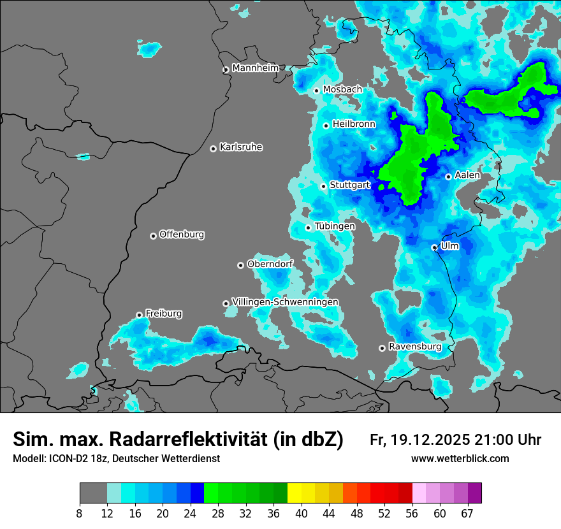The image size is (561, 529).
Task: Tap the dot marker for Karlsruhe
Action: [214, 149]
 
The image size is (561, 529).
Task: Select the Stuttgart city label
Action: [350, 185]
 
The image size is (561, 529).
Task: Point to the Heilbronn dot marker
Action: [326, 126]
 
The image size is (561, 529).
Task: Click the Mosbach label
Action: [342, 90]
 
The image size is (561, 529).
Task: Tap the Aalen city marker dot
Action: [449, 177]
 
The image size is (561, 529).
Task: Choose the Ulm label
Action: [449, 245]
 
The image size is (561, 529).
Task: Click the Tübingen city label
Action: [335, 226]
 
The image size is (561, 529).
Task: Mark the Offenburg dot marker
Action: [154, 236]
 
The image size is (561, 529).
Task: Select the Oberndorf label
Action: [270, 264]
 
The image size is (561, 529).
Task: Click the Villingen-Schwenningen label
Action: [285, 301]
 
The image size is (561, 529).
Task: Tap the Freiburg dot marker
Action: [140, 315]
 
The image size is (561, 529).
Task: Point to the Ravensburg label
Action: [415, 347]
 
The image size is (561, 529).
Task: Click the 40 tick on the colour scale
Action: [301, 512]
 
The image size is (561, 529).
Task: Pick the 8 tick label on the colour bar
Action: [79, 512]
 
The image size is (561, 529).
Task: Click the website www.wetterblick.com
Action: [460, 459]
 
